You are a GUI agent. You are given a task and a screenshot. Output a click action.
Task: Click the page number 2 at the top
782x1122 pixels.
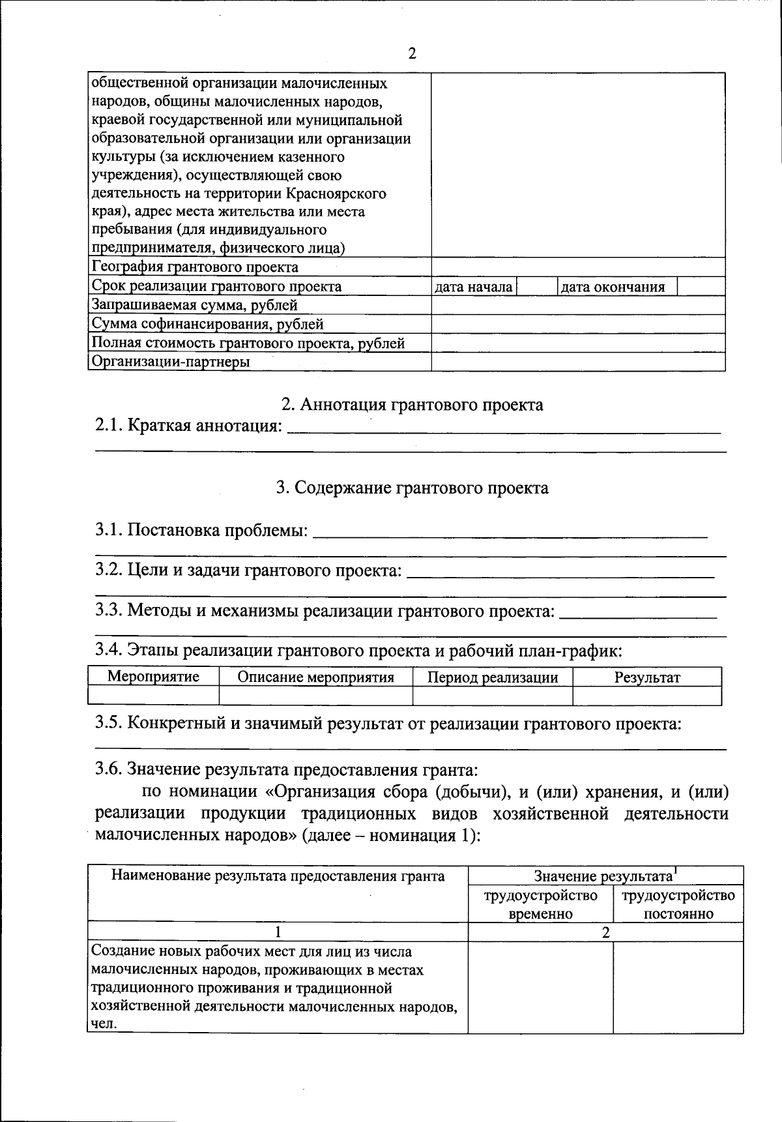point(411,53)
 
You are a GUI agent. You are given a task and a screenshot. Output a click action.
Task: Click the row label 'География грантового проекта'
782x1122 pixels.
point(195,267)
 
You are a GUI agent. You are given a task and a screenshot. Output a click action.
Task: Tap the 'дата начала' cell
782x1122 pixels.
point(473,287)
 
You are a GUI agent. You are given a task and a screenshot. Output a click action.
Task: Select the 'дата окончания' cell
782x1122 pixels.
point(613,287)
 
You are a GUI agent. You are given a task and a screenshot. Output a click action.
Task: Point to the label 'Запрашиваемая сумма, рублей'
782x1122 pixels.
point(194,305)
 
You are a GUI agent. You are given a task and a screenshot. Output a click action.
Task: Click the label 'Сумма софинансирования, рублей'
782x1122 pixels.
point(207,324)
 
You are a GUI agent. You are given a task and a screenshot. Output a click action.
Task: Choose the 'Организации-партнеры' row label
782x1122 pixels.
point(170,362)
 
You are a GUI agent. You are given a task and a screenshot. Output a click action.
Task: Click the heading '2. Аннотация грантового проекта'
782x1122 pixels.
point(412,405)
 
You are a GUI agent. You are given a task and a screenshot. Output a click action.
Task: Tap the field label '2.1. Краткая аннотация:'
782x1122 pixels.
point(189,426)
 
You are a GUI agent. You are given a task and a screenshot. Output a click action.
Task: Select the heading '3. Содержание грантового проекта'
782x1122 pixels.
point(412,488)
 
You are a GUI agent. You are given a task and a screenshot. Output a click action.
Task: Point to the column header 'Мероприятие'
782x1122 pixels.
point(153,677)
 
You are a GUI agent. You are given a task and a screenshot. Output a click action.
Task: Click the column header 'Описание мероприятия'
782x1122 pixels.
point(315,677)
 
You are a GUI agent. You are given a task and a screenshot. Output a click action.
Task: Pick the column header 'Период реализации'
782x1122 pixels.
point(493,677)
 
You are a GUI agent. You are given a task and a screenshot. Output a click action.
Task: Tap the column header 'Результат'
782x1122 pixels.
point(646,677)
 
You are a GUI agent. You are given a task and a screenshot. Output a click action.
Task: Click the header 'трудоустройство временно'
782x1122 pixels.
point(540,904)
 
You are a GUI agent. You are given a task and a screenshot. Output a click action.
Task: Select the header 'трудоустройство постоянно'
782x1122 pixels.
point(678,904)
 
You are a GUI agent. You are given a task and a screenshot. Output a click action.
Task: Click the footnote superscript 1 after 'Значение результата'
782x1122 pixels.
point(675,870)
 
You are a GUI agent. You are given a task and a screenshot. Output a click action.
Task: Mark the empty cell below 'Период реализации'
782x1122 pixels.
point(493,696)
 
